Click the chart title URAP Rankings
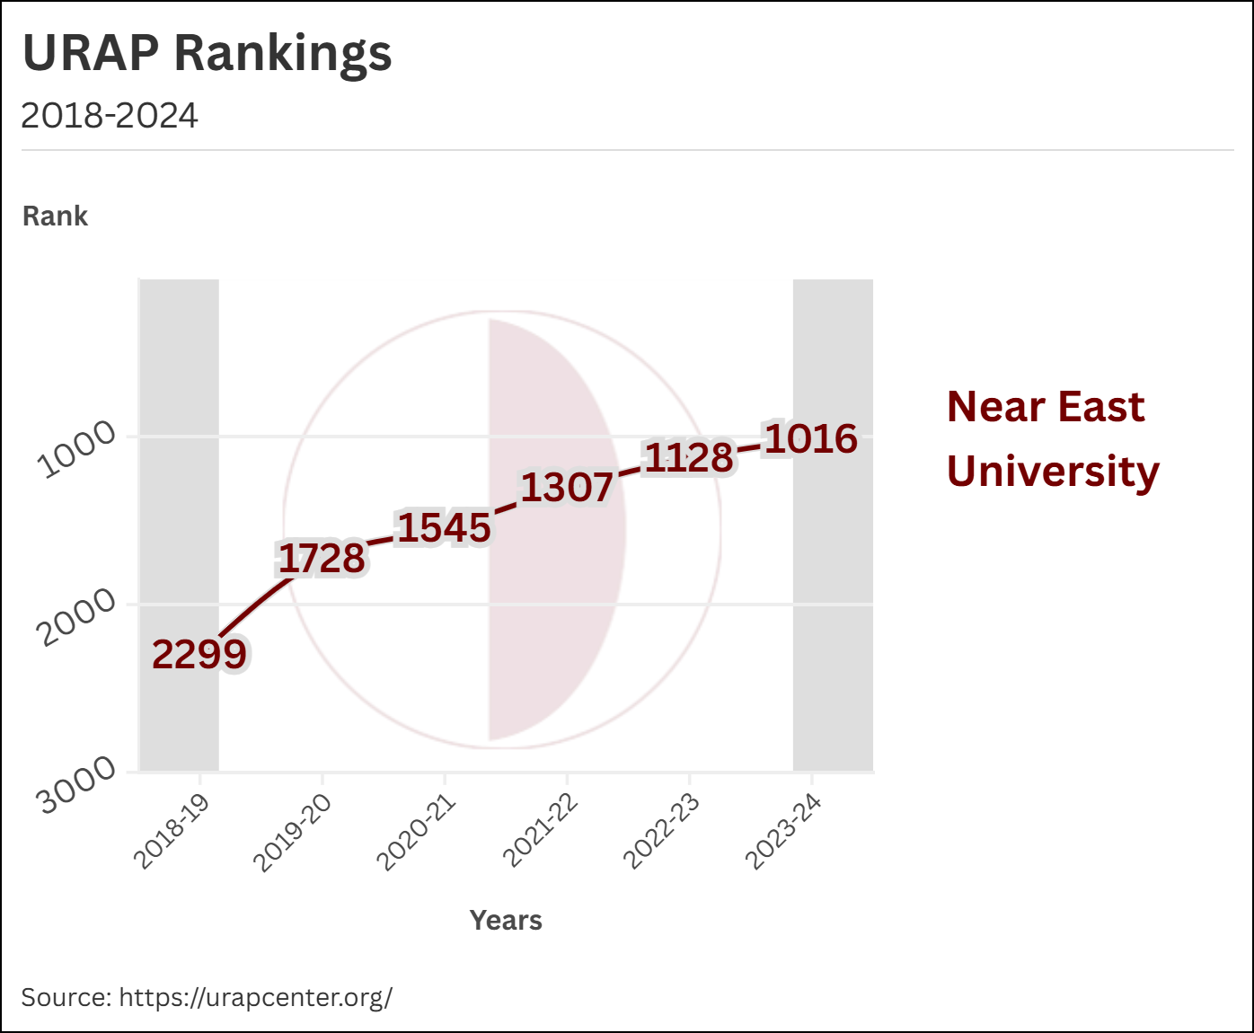point(207,53)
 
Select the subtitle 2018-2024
point(109,116)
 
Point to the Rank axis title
point(55,216)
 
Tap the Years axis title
point(506,921)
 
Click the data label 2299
point(199,654)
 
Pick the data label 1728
point(322,559)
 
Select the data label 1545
point(444,528)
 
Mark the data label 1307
point(566,488)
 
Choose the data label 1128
point(689,458)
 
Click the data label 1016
point(811,438)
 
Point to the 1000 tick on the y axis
point(77,448)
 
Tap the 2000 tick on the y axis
point(77,617)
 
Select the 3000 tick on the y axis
point(77,784)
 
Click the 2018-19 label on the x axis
point(172,832)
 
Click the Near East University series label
point(1052,439)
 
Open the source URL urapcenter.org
point(255,997)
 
